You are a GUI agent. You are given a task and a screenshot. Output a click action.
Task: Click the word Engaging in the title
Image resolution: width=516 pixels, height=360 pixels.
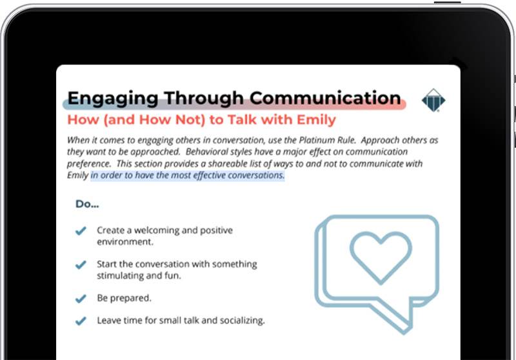113,99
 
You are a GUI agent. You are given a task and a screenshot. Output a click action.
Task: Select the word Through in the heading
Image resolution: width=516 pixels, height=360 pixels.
204,99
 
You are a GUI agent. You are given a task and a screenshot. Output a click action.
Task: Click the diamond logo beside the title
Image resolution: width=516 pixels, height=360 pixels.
433,100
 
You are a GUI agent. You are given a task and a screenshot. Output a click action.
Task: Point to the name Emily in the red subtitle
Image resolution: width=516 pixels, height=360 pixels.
316,120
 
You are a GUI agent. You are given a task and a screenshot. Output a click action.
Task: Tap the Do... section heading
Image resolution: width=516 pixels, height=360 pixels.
87,204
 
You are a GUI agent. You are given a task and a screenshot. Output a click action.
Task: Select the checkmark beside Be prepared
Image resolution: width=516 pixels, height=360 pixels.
81,299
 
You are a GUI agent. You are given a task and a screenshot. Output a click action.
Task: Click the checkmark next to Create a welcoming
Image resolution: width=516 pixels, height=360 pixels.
81,231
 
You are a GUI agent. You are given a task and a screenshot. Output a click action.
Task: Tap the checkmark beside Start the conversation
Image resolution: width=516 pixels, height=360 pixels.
81,265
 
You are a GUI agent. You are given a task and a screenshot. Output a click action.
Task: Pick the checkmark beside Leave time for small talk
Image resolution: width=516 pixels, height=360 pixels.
81,321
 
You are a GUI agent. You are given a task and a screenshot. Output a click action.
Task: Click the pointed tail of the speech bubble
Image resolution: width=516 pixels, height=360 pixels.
404,331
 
